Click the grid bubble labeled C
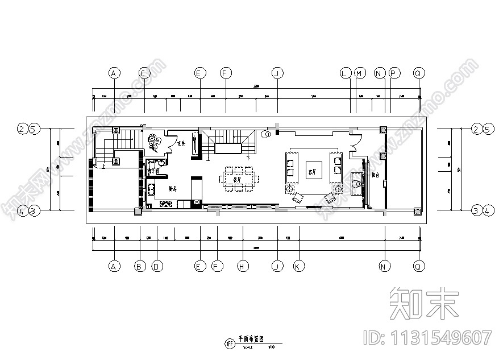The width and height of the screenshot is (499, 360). coord(144,73)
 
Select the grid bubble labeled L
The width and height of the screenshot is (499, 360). coord(345,73)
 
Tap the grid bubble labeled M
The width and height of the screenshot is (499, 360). coord(359,73)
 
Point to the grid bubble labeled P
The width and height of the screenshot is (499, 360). coord(394,73)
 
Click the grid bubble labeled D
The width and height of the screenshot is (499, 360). coord(156,266)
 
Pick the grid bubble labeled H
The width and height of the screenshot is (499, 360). coord(243,266)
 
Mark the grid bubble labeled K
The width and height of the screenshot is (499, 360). coord(296,266)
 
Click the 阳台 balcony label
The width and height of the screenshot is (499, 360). coord(376,176)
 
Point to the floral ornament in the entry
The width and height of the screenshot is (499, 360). coord(156,143)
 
